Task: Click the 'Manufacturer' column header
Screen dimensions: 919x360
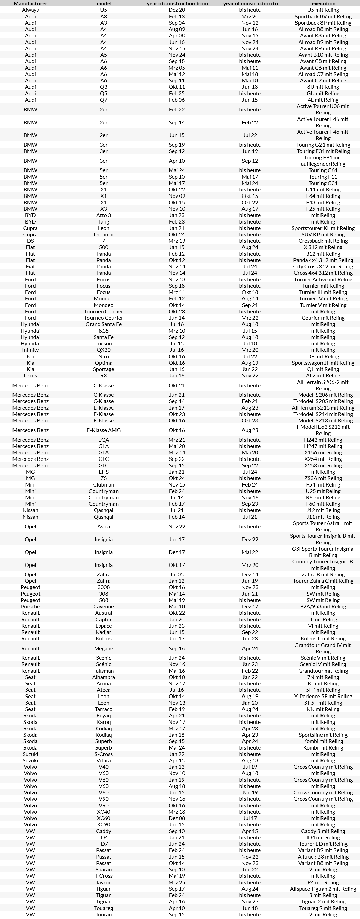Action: pos(30,4)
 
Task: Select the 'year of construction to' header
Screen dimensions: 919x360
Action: pos(250,4)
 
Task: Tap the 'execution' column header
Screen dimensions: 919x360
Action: pos(323,4)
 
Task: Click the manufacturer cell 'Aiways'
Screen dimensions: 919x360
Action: pos(30,10)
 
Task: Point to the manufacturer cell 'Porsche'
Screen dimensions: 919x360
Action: pos(30,606)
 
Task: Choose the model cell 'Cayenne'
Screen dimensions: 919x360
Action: pos(103,606)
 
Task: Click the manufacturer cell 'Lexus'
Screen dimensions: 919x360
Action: pos(30,376)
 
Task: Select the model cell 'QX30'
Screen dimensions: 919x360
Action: pos(103,350)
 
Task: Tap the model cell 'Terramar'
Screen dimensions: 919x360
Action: pos(103,234)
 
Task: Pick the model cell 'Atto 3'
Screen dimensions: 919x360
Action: pos(103,215)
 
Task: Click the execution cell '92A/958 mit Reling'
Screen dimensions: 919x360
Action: pos(323,606)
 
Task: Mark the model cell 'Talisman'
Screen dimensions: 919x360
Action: pos(103,671)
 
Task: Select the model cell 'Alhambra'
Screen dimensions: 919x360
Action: pos(103,677)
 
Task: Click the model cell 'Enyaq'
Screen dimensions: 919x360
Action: pos(103,716)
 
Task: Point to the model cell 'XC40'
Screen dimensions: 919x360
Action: pos(103,812)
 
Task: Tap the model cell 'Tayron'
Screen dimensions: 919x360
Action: pos(103,882)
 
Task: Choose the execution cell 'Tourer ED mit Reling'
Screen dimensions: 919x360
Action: pos(323,844)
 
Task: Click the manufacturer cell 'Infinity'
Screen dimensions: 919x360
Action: pos(30,350)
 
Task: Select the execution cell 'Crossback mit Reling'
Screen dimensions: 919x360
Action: pos(323,241)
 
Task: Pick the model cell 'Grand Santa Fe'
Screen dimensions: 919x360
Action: pos(103,324)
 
